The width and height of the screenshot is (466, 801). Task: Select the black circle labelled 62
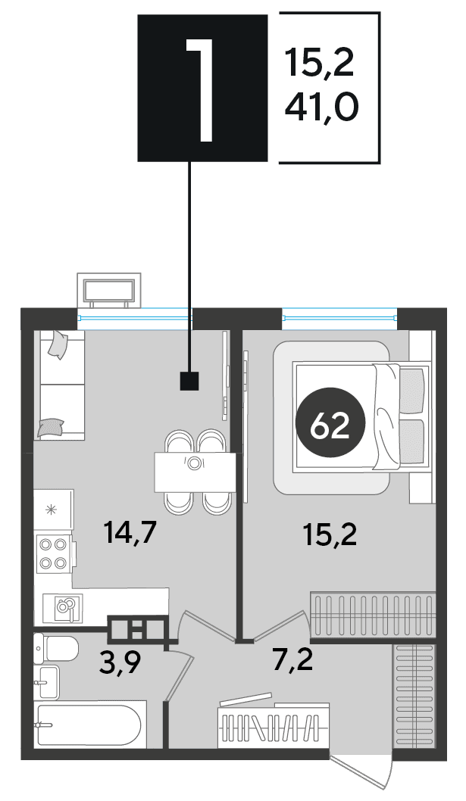[331, 425]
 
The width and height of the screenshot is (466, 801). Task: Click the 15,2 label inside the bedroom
[330, 535]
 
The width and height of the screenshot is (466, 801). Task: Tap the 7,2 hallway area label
[292, 660]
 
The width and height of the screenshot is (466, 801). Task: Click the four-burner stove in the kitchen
[53, 553]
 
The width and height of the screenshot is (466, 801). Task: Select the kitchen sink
[62, 608]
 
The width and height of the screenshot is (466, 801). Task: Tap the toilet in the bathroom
[55, 649]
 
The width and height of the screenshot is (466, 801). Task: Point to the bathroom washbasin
[46, 682]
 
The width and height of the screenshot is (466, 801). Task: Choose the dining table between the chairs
[195, 472]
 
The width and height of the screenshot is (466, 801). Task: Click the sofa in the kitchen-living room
[59, 385]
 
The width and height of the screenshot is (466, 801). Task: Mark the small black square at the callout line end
[189, 381]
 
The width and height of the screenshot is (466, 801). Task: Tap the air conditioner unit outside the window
[108, 290]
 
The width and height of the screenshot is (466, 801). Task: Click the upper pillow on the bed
[411, 391]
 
